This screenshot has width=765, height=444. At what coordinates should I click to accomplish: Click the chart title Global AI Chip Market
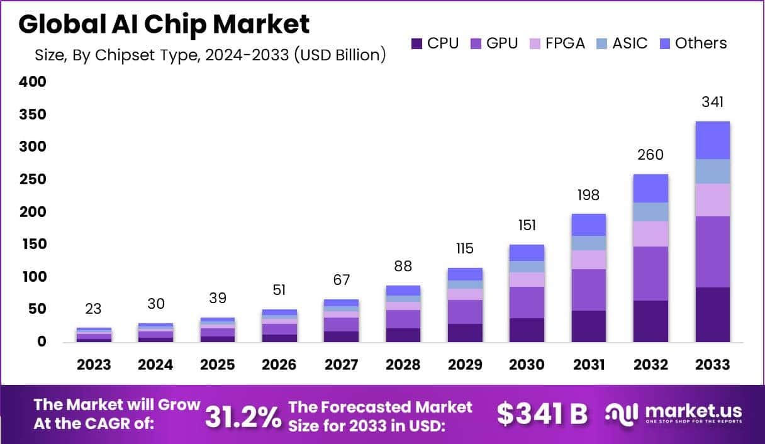tap(164, 24)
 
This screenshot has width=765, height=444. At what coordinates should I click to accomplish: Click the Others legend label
tap(700, 43)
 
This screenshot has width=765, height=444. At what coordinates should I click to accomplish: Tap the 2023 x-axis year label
tap(94, 365)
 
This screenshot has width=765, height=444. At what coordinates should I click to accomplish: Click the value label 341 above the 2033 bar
tap(712, 102)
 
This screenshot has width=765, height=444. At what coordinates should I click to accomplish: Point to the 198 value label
tap(589, 195)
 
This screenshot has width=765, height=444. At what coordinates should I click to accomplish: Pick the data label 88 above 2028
tap(403, 266)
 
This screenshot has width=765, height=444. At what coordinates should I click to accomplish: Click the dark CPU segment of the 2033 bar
tap(712, 314)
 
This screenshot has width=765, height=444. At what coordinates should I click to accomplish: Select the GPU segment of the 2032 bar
tap(651, 274)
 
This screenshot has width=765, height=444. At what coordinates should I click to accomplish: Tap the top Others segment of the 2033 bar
tap(712, 140)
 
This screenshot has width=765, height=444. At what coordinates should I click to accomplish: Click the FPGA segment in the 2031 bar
tap(589, 260)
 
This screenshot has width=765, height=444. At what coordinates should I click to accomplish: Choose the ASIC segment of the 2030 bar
tap(527, 267)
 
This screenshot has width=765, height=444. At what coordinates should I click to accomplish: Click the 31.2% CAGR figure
tap(243, 416)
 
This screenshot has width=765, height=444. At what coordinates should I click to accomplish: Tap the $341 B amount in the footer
tap(542, 414)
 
